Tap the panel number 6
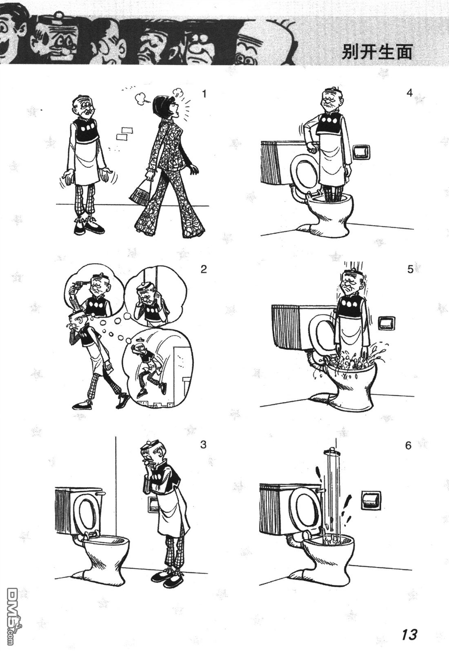[x=409, y=445]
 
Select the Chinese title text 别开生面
[x=377, y=52]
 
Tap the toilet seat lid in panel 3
[x=87, y=512]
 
